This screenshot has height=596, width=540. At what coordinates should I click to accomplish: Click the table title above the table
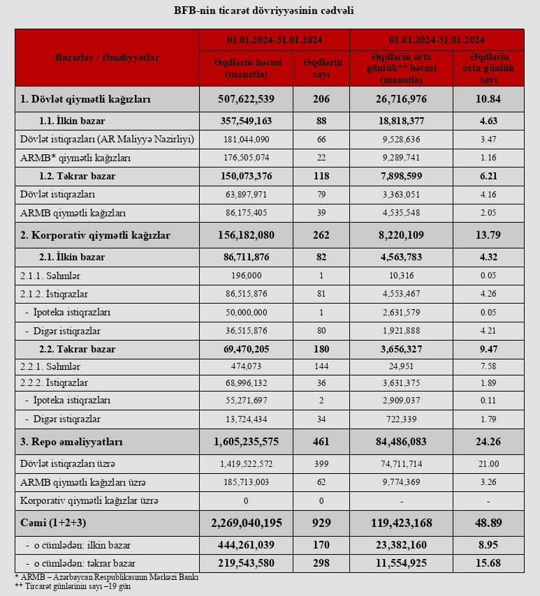coord(269,11)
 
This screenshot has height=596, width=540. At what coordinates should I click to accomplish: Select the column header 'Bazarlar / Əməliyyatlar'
coord(107,58)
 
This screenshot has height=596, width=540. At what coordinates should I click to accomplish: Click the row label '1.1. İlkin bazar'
coord(66,121)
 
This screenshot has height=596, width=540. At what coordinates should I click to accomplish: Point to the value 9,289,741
coord(401,158)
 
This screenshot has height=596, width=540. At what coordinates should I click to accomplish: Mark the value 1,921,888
coord(401,330)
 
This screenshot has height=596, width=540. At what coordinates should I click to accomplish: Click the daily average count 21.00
coord(488,464)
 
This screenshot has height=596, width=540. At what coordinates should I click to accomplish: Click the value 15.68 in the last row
coord(488,562)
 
